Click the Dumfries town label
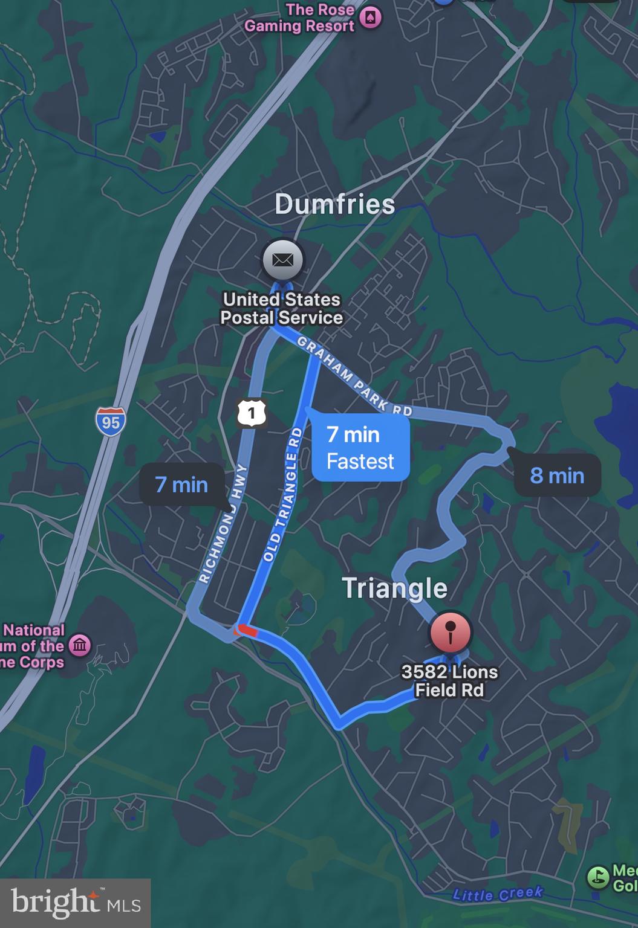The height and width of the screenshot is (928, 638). (334, 204)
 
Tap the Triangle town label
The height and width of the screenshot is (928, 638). (394, 588)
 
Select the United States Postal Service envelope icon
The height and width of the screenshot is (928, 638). (282, 260)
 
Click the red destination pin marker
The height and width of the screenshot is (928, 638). (450, 632)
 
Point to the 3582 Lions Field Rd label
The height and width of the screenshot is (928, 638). (449, 681)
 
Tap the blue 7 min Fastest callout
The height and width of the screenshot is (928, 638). (360, 448)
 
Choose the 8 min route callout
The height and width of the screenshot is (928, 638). (557, 475)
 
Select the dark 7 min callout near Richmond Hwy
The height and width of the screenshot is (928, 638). (181, 485)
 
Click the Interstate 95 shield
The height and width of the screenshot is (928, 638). (111, 421)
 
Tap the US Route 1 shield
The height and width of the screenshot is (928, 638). (251, 413)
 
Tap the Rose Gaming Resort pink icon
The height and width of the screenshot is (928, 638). (370, 17)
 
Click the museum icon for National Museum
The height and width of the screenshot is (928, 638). (80, 645)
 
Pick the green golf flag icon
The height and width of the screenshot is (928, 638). (598, 877)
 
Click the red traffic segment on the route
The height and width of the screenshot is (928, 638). (247, 631)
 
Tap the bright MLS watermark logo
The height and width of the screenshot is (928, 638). (75, 903)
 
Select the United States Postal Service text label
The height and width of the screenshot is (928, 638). (282, 308)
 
